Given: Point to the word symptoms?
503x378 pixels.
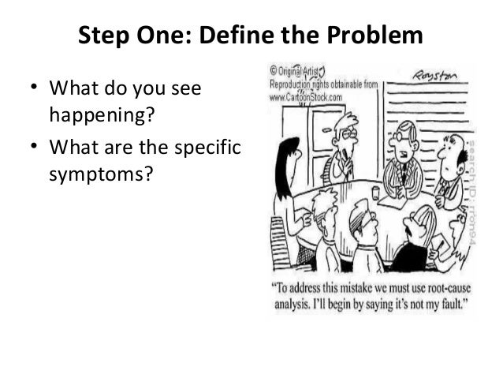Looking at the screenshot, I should pyautogui.click(x=100, y=170).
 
